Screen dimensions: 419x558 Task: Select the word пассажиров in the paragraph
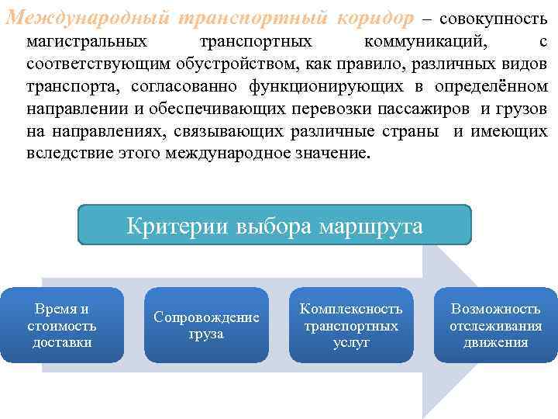point(430,107)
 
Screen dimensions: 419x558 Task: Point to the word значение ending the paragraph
point(322,152)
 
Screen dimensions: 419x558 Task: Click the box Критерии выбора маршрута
point(274,226)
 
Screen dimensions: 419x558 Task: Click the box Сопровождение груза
point(206,325)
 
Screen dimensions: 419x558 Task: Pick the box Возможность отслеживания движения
point(496,325)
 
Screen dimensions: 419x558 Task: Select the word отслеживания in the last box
point(496,326)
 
